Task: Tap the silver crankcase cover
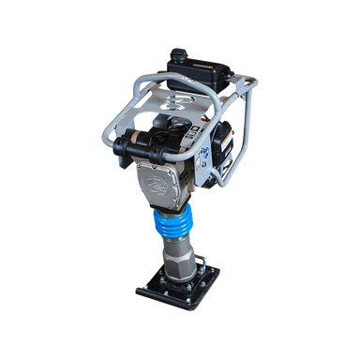click(165, 183)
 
